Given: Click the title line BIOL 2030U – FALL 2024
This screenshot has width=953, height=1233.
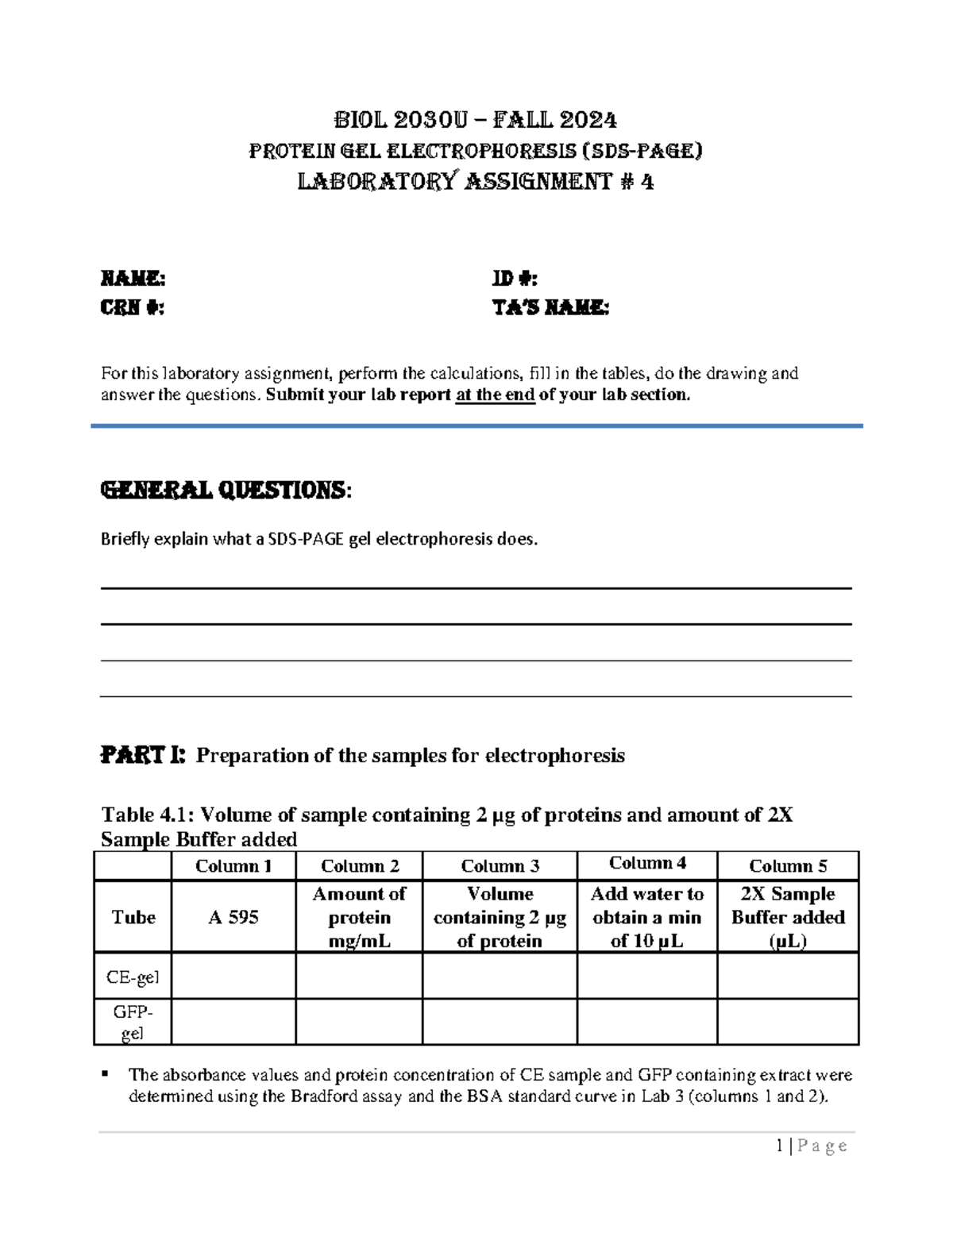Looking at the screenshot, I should point(475,120).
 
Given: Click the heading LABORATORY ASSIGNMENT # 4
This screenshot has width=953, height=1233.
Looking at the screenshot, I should point(475,182).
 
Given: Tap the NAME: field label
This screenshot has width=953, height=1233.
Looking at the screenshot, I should point(133,279).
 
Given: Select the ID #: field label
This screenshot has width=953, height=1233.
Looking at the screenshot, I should point(515,279).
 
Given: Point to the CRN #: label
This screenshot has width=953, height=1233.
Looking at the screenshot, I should point(132,308).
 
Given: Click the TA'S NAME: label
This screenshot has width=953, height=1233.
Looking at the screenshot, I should point(550,308).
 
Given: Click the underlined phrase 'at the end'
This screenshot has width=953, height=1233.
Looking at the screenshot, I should point(495,395).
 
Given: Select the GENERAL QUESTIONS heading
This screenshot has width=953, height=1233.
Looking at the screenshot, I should point(224,490).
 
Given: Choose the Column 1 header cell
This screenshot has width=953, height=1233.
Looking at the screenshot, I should point(233,865).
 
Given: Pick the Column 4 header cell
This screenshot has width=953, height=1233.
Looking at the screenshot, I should point(647,863).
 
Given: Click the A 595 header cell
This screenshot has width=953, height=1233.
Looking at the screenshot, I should point(233,917).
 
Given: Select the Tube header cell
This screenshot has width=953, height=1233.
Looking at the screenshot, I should point(133,917).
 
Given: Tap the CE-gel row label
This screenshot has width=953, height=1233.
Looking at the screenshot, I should point(133,977).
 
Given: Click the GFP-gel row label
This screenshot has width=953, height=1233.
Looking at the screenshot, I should point(133,1022).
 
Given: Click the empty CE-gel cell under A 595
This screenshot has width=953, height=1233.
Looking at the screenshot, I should point(233,976).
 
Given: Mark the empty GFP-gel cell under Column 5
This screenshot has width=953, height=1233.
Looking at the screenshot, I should point(788,1022).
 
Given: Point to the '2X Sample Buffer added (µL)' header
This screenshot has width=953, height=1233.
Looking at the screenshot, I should point(788,917).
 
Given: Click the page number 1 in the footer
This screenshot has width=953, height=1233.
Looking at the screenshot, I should point(781,1145).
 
